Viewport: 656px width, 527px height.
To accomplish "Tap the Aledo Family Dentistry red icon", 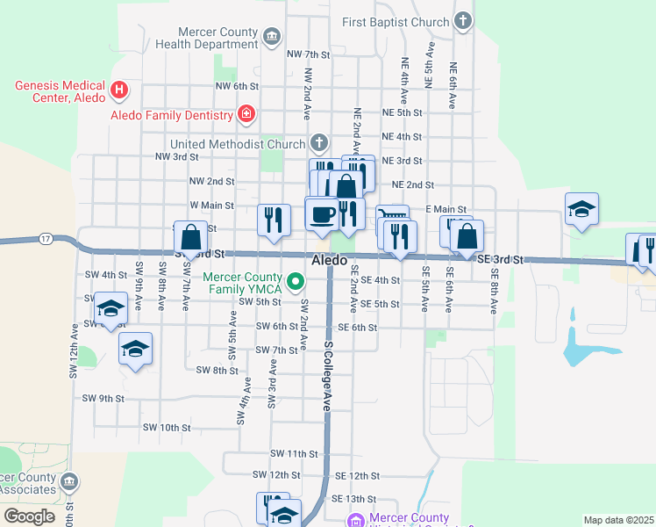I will pos(246,114).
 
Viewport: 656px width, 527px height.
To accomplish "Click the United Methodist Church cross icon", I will pos(319,143).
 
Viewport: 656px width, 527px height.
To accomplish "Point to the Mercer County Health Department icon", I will pos(272,36).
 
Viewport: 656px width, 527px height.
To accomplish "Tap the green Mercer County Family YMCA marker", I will pos(296,282).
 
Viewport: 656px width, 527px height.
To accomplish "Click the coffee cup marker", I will pos(322,214).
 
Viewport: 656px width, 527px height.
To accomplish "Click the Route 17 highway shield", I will pos(46,239).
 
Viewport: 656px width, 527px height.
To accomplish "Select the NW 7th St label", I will pos(308,54).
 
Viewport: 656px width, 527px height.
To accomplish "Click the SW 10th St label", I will pos(167,428).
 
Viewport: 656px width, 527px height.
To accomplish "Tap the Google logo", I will pos(29,516).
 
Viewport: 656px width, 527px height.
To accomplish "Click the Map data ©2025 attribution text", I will pos(618,520).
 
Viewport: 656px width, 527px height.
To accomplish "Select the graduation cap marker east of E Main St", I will pos(581,210).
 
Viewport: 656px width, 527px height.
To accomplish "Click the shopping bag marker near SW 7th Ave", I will pos(191,238).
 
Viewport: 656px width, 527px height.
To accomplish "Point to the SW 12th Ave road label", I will pos(75,347).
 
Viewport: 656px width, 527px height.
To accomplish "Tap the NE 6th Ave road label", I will pos(453,85).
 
